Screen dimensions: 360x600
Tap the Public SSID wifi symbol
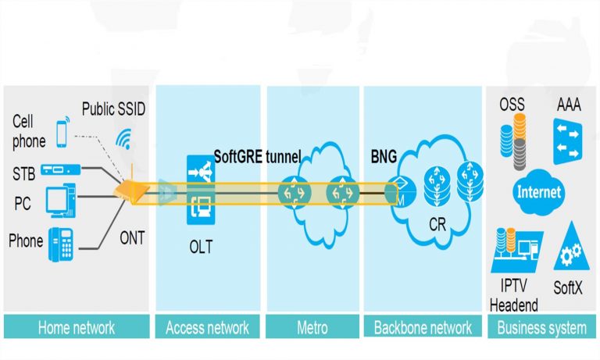(123, 139)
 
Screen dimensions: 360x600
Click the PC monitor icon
(60, 201)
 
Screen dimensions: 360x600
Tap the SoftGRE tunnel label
(257, 156)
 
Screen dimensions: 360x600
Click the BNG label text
(384, 156)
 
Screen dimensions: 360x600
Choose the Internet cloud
(540, 191)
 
